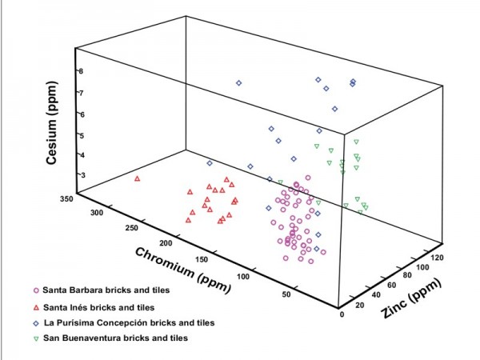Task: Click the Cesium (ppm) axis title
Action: click(54, 120)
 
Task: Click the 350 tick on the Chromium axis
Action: click(67, 197)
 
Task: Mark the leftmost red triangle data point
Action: click(137, 178)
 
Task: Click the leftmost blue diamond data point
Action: click(210, 163)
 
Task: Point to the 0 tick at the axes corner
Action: click(342, 314)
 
